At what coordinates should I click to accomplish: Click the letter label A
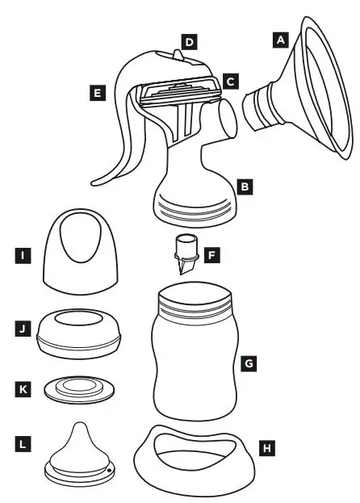pos(280,37)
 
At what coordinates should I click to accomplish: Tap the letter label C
pos(230,82)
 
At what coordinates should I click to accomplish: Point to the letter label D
pos(189,39)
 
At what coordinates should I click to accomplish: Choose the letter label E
pos(98,93)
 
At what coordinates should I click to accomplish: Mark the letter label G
pos(249,364)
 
